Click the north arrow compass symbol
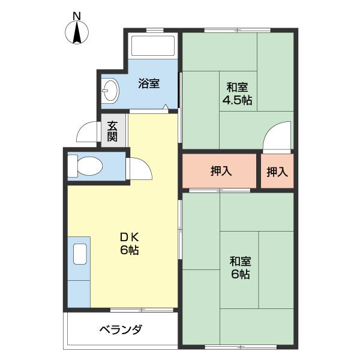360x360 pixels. [77, 32]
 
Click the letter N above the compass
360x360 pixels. [77, 14]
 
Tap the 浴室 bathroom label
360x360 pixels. [149, 83]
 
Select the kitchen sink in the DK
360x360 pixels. [79, 254]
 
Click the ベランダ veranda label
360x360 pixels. [121, 329]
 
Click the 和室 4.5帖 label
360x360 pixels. [237, 92]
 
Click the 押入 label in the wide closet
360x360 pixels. [221, 172]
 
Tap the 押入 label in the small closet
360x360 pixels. [277, 172]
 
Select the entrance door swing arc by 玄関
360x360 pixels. [89, 131]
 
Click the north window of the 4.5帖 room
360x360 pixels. [236, 30]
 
